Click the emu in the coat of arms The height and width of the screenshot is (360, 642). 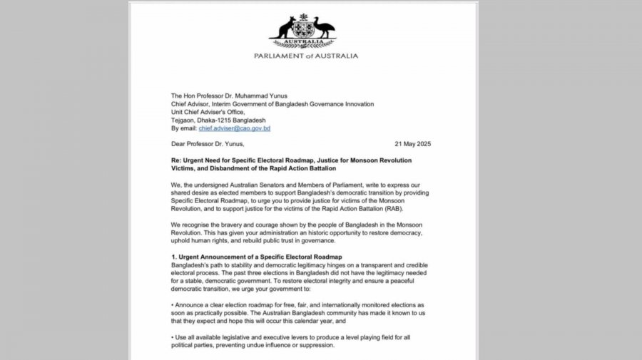[324, 29]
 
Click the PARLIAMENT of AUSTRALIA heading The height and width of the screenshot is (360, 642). [306, 56]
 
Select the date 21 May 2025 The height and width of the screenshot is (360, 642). [414, 144]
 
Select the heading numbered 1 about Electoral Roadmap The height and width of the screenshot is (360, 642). [257, 257]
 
